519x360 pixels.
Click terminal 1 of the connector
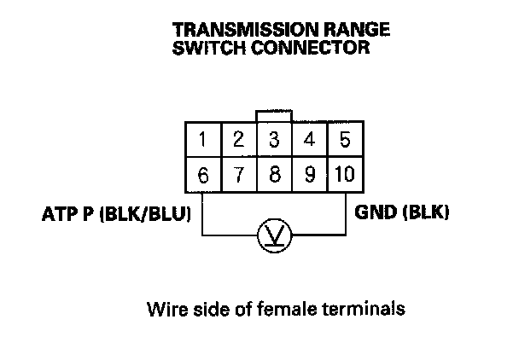pyautogui.click(x=203, y=140)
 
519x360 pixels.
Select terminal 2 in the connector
pyautogui.click(x=239, y=140)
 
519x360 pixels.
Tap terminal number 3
pyautogui.click(x=274, y=140)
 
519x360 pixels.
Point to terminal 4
pyautogui.click(x=309, y=140)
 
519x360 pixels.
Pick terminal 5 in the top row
pyautogui.click(x=344, y=140)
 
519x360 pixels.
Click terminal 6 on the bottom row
pyautogui.click(x=203, y=176)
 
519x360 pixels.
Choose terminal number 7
pyautogui.click(x=239, y=176)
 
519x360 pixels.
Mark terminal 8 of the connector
pyautogui.click(x=274, y=176)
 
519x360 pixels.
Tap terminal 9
pyautogui.click(x=309, y=176)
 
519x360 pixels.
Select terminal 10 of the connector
pyautogui.click(x=344, y=176)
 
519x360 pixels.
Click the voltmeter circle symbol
pyautogui.click(x=274, y=234)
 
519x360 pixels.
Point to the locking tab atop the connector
pyautogui.click(x=274, y=115)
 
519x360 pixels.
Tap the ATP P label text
pyautogui.click(x=67, y=212)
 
